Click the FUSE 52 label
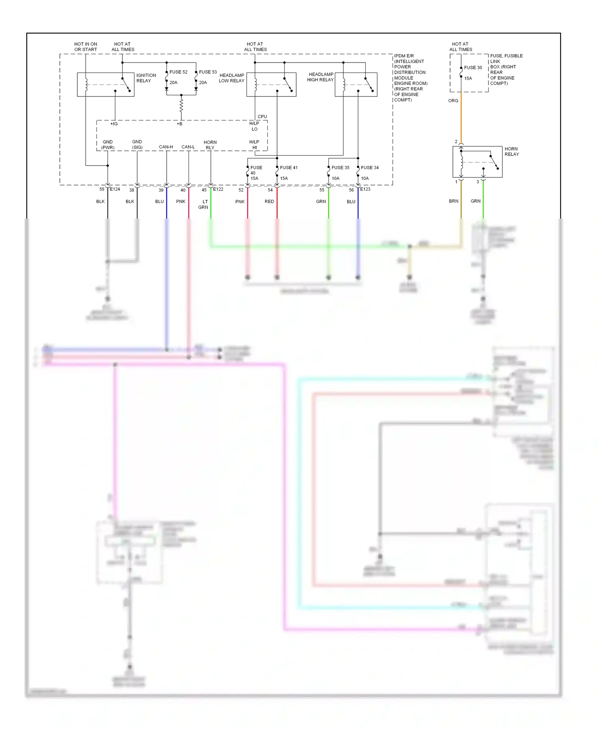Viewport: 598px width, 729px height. pyautogui.click(x=178, y=72)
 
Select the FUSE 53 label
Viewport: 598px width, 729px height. pyautogui.click(x=208, y=72)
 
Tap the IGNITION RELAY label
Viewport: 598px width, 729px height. pyautogui.click(x=146, y=78)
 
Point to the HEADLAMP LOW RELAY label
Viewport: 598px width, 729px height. pyautogui.click(x=232, y=78)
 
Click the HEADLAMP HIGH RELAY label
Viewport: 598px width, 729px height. pyautogui.click(x=321, y=77)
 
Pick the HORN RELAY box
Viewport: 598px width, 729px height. pyautogui.click(x=477, y=162)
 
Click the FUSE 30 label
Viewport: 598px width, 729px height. pyautogui.click(x=473, y=68)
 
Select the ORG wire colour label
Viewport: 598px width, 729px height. pyautogui.click(x=453, y=101)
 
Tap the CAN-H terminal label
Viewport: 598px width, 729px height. pyautogui.click(x=166, y=147)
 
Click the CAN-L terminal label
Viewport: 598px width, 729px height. pyautogui.click(x=188, y=147)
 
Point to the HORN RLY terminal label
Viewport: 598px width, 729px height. pyautogui.click(x=210, y=145)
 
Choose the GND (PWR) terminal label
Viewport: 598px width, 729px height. pyautogui.click(x=108, y=145)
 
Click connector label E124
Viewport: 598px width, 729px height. pyautogui.click(x=115, y=189)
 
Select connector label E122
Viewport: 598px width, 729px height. pyautogui.click(x=218, y=189)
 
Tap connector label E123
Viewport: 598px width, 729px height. pyautogui.click(x=365, y=189)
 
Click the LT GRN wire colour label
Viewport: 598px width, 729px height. pyautogui.click(x=204, y=205)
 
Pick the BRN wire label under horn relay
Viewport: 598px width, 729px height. pyautogui.click(x=454, y=201)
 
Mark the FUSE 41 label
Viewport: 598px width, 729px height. pyautogui.click(x=289, y=168)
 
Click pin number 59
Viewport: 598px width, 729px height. pyautogui.click(x=102, y=189)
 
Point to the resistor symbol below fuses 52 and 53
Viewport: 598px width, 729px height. pyautogui.click(x=181, y=106)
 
